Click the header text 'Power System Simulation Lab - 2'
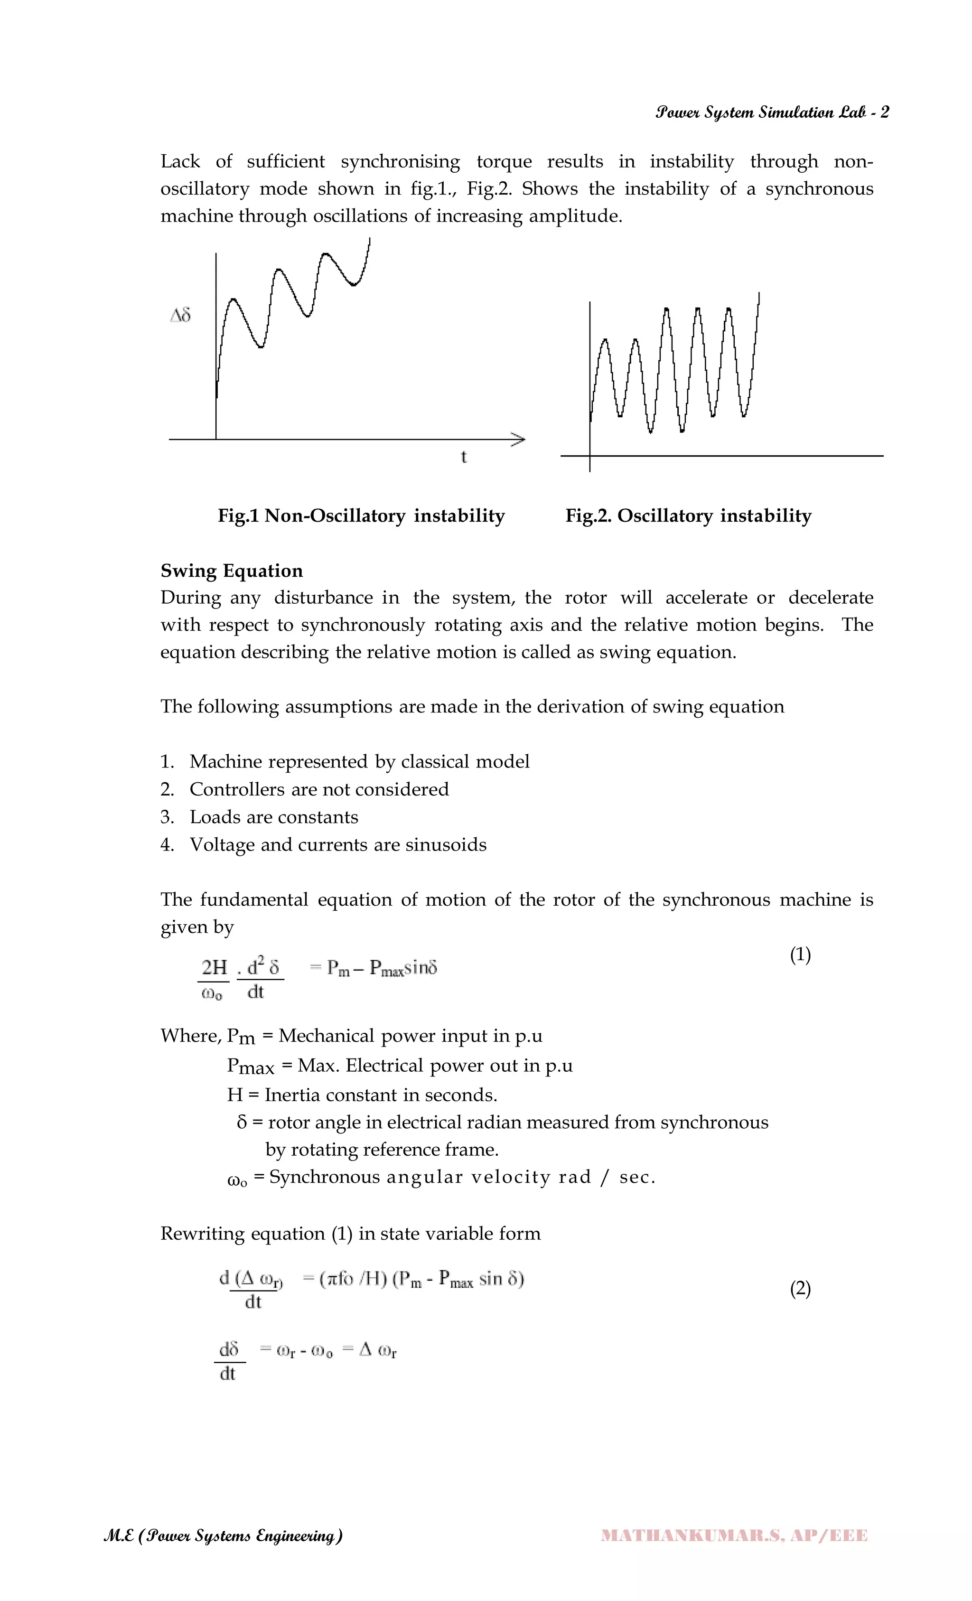pyautogui.click(x=772, y=112)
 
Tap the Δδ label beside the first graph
pyautogui.click(x=180, y=316)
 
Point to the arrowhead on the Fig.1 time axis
pyautogui.click(x=518, y=440)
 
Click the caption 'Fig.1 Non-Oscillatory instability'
pyautogui.click(x=361, y=516)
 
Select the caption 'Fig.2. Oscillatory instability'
pyautogui.click(x=688, y=516)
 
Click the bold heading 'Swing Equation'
pyautogui.click(x=231, y=571)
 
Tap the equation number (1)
pyautogui.click(x=800, y=955)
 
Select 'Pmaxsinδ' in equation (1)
pyautogui.click(x=403, y=968)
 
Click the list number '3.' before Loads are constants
pyautogui.click(x=168, y=817)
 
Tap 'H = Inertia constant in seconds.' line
pyautogui.click(x=362, y=1095)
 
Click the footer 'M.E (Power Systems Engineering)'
pyautogui.click(x=223, y=1535)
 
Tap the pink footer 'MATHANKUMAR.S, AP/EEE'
pyautogui.click(x=734, y=1535)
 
